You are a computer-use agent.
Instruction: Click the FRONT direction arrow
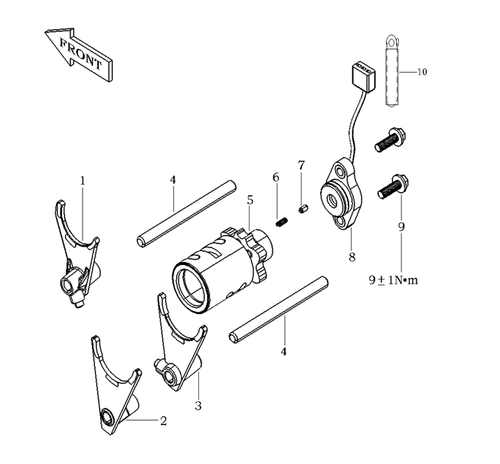click(78, 54)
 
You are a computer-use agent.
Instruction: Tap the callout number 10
click(422, 72)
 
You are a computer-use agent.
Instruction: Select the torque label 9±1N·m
click(393, 280)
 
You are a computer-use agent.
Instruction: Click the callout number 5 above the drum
click(250, 201)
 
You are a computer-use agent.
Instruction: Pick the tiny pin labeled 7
click(303, 210)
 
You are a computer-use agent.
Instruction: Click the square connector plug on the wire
click(364, 77)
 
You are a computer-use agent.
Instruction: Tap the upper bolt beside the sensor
click(391, 139)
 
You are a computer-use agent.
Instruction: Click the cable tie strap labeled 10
click(392, 70)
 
